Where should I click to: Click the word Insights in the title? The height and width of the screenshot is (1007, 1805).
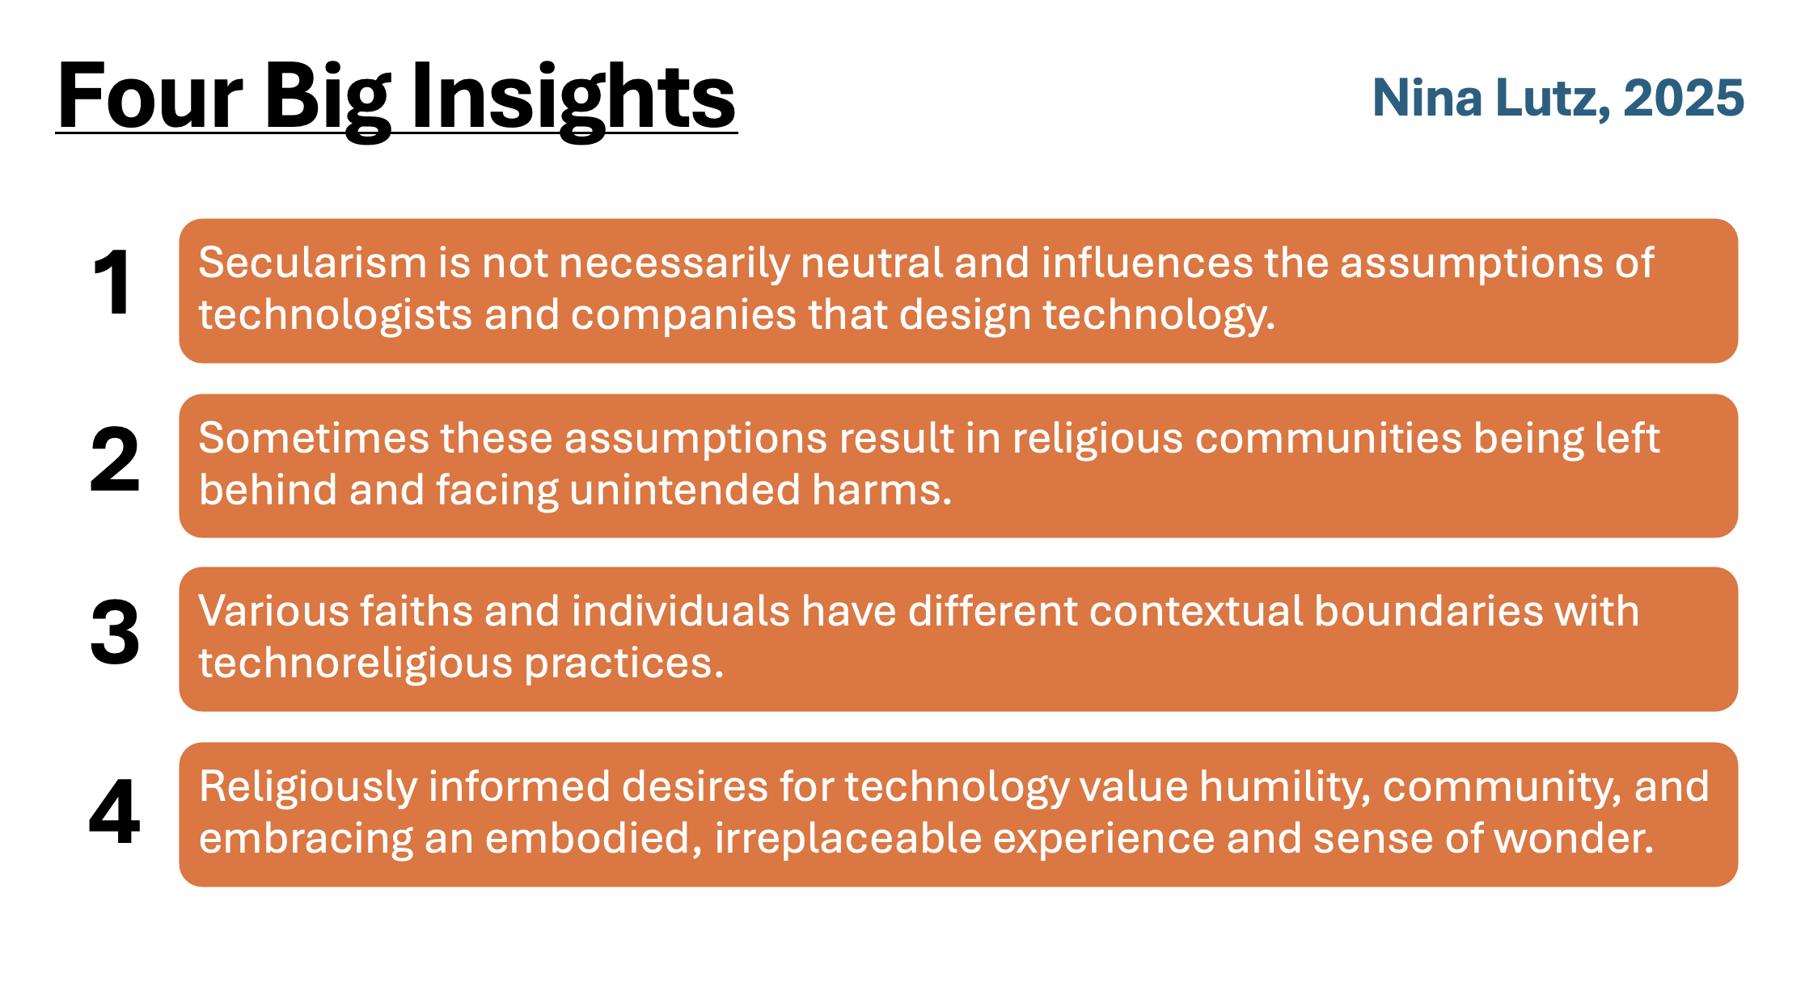tap(573, 98)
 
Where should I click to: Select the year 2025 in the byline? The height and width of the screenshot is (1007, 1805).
tap(1684, 98)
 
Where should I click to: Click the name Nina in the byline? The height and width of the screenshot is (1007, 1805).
tap(1427, 98)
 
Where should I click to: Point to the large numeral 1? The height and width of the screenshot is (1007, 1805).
tap(112, 283)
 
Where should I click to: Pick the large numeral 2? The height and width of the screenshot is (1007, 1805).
tap(115, 459)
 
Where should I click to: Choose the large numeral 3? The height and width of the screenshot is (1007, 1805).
tap(115, 633)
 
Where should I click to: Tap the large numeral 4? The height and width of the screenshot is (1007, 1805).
tap(115, 811)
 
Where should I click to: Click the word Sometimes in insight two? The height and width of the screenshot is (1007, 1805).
tap(314, 438)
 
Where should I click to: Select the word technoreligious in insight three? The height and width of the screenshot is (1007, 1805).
tap(356, 664)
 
